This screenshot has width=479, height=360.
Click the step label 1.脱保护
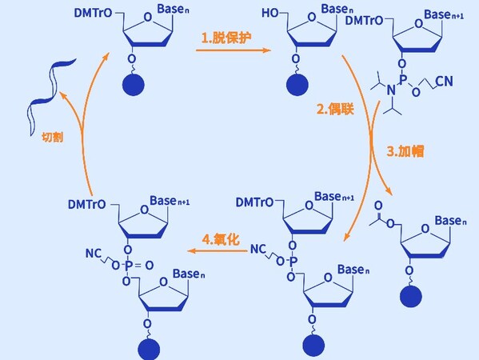[226, 38]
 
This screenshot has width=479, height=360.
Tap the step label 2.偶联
[335, 109]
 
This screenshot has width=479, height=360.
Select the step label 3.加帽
[405, 151]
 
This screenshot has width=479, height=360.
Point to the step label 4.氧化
[221, 239]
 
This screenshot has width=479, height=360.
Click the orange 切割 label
[53, 138]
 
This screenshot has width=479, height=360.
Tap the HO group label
[270, 13]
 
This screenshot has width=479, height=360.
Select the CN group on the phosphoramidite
[444, 81]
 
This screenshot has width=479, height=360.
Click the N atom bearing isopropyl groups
[391, 90]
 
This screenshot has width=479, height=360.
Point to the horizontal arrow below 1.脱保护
[234, 50]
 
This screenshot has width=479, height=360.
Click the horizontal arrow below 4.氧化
[218, 251]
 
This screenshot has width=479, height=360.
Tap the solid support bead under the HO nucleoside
[297, 85]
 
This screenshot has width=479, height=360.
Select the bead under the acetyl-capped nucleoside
[411, 296]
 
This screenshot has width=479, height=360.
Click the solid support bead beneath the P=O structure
[149, 349]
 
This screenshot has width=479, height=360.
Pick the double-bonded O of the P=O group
[150, 266]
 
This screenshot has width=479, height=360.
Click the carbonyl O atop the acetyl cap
[378, 206]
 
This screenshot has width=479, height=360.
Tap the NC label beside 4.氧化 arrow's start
[258, 249]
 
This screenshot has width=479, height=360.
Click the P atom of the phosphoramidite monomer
[403, 80]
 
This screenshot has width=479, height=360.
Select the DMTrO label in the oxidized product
[86, 205]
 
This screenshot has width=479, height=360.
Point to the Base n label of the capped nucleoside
[450, 221]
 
